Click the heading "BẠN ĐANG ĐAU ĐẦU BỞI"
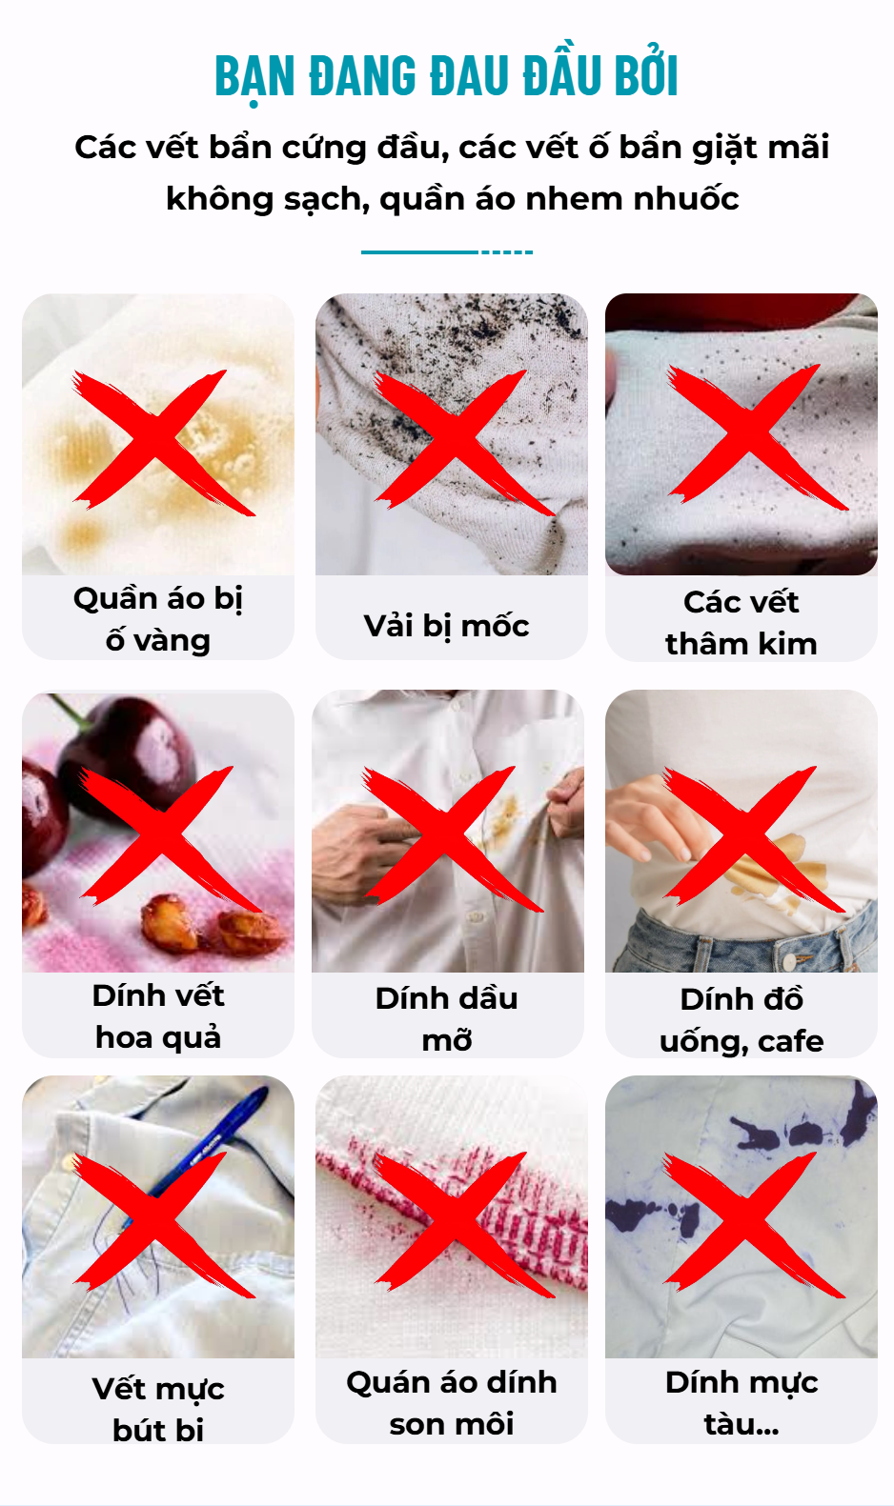pyautogui.click(x=446, y=75)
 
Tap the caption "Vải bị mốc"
pyautogui.click(x=447, y=626)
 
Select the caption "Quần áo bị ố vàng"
pyautogui.click(x=158, y=619)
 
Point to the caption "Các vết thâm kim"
pyautogui.click(x=742, y=623)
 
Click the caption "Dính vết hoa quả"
pyautogui.click(x=158, y=1016)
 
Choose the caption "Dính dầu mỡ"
pyautogui.click(x=447, y=1019)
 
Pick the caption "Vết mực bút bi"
pyautogui.click(x=158, y=1409)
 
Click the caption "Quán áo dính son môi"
pyautogui.click(x=452, y=1403)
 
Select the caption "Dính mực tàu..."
pyautogui.click(x=742, y=1403)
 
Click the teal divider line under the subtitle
pyautogui.click(x=447, y=252)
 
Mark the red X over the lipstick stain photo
pyautogui.click(x=463, y=1224)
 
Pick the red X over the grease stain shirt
pyautogui.click(x=452, y=838)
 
